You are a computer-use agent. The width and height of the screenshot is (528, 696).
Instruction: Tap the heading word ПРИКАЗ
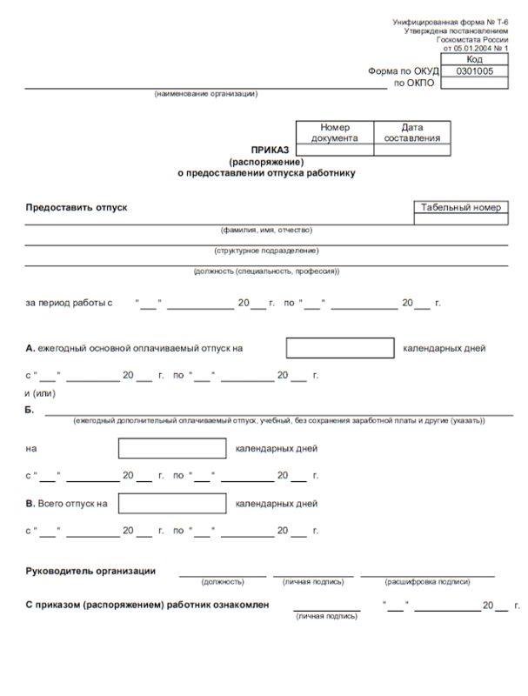(264, 150)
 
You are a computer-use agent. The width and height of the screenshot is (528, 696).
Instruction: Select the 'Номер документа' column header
(334, 132)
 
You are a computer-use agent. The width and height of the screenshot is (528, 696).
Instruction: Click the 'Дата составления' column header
(411, 132)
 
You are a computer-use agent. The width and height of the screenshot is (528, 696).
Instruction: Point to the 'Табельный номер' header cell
(461, 208)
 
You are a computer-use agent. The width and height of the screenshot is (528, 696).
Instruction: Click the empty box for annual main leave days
(340, 348)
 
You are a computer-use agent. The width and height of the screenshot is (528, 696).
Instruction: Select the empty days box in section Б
(172, 450)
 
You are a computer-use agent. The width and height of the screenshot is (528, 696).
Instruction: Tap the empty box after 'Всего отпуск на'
(172, 503)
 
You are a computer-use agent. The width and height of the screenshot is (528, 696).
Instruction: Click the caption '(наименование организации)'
(206, 94)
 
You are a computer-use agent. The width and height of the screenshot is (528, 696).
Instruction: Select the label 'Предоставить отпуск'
(77, 208)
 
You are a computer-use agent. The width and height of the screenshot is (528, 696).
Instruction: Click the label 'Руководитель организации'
(90, 571)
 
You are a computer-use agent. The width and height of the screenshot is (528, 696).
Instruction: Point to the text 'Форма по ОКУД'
(404, 72)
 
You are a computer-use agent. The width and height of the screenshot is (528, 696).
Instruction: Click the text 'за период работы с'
(70, 304)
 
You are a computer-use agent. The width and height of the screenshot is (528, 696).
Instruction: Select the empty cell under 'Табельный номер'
(461, 220)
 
